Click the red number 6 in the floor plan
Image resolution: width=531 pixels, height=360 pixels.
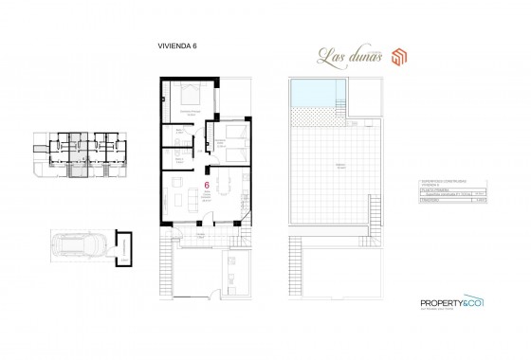(x=208, y=186)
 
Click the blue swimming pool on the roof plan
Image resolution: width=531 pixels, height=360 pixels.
(x=313, y=93)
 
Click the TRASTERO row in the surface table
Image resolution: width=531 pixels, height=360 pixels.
(x=430, y=201)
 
